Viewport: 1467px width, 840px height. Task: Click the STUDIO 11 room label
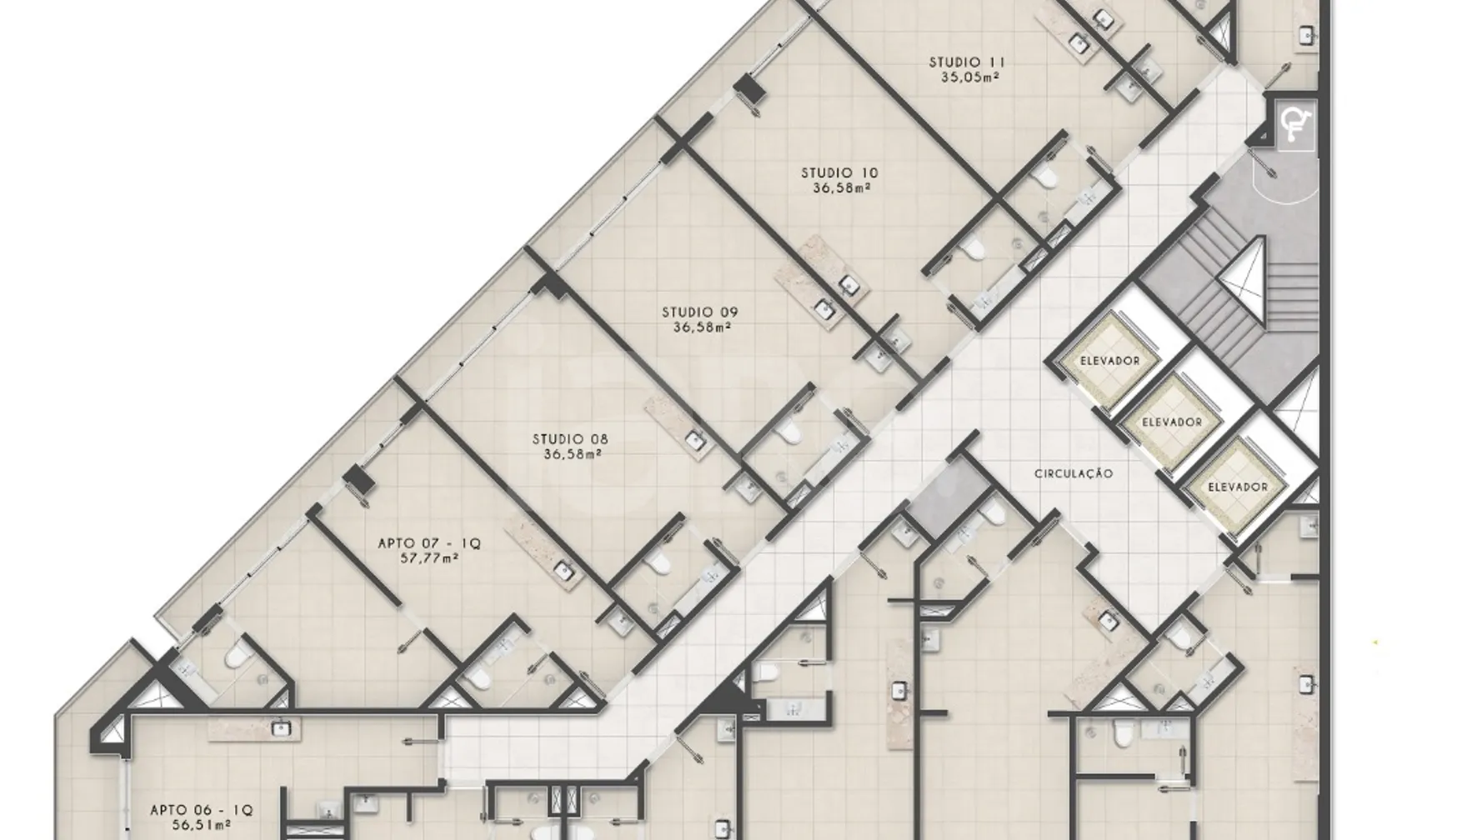pos(967,62)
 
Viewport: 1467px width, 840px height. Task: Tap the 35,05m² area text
pos(969,77)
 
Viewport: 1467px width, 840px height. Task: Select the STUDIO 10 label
pos(839,173)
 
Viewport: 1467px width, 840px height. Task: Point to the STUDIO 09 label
pos(700,312)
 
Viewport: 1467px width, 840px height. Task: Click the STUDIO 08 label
pos(570,439)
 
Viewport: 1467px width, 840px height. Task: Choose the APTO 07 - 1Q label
pos(429,543)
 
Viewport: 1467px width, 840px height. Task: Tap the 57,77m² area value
pos(429,558)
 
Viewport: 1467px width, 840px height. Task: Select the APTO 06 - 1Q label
pos(201,810)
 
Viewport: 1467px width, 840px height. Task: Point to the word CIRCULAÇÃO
pos(1074,473)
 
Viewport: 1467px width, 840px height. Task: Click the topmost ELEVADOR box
pos(1109,360)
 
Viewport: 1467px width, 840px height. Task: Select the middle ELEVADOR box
pos(1172,422)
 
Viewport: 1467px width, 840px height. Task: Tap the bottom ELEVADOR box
pos(1238,487)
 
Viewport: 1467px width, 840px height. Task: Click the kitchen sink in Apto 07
pos(564,572)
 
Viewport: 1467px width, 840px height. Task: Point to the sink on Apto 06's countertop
pos(281,729)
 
